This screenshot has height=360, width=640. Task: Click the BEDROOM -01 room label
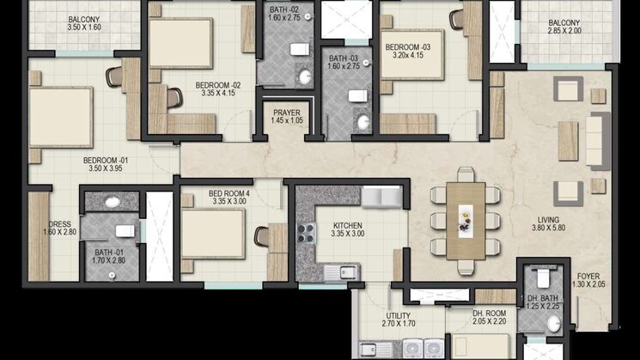click(x=105, y=160)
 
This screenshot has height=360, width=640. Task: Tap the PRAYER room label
click(x=287, y=113)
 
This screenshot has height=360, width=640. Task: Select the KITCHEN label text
click(x=348, y=226)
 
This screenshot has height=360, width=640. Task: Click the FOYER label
click(x=588, y=276)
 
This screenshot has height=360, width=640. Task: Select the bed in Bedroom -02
click(x=181, y=43)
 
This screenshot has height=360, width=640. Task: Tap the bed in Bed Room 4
click(x=212, y=233)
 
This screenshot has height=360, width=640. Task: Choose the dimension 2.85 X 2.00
click(x=564, y=31)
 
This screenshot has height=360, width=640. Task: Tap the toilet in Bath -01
click(x=125, y=230)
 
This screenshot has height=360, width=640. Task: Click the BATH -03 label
click(x=346, y=58)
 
